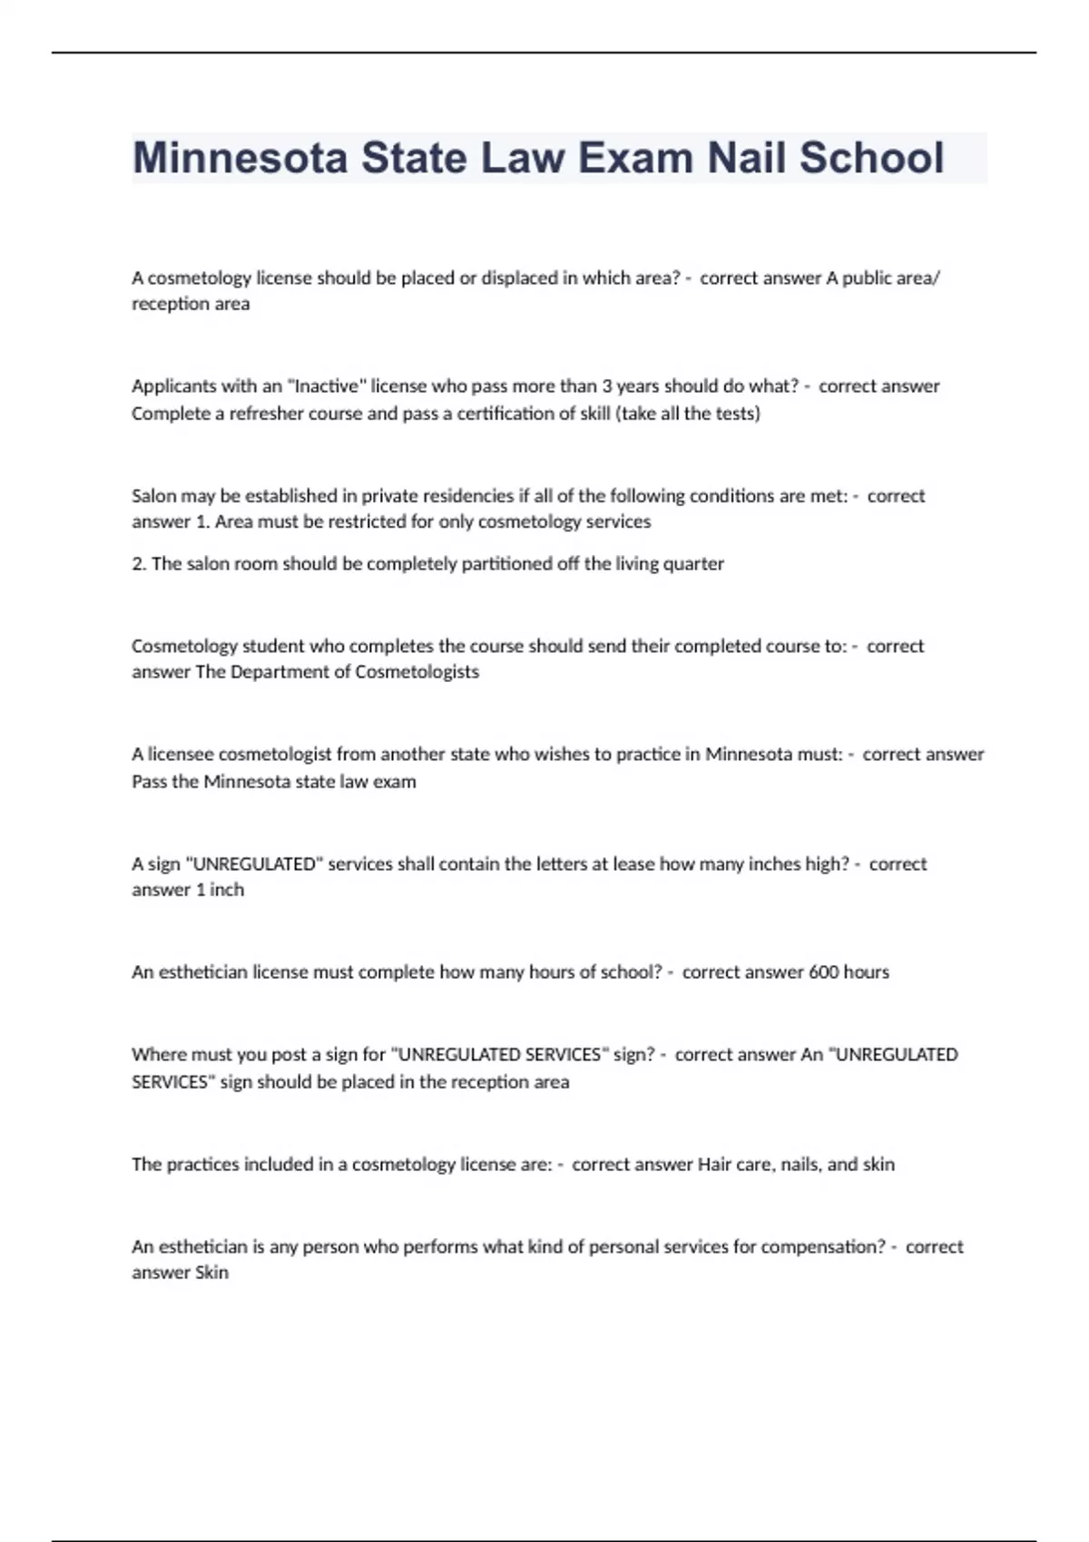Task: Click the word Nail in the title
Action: pos(746,158)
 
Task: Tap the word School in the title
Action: pos(871,158)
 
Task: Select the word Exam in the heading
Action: pos(635,158)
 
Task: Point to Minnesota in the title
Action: pos(240,158)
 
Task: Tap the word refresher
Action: pos(271,414)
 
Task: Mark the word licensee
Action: pos(181,755)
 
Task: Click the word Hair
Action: pos(713,1165)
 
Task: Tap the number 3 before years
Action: pos(607,386)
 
